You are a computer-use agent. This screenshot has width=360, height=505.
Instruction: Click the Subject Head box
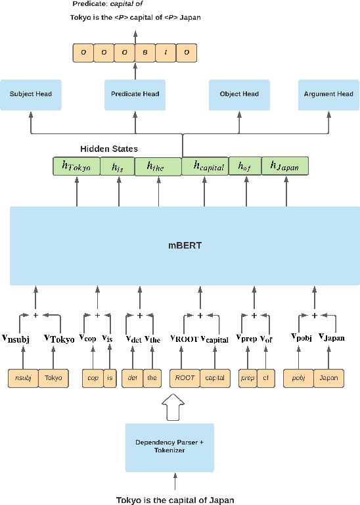pyautogui.click(x=31, y=94)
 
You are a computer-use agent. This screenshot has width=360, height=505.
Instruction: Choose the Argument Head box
pyautogui.click(x=328, y=94)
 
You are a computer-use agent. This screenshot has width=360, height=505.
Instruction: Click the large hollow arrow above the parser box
pyautogui.click(x=174, y=406)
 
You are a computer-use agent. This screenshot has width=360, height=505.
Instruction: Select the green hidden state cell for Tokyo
pyautogui.click(x=76, y=167)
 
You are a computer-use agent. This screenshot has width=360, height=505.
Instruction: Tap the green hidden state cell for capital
pyautogui.click(x=204, y=167)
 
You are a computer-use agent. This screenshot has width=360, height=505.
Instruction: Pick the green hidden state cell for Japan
pyautogui.click(x=284, y=167)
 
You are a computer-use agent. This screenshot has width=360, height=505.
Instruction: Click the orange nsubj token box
pyautogui.click(x=23, y=378)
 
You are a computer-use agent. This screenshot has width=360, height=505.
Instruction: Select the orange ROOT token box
pyautogui.click(x=184, y=378)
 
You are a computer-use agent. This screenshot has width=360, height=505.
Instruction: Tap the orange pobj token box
pyautogui.click(x=298, y=378)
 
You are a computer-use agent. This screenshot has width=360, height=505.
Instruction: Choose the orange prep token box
pyautogui.click(x=248, y=378)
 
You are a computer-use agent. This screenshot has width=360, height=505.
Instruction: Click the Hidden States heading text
pyautogui.click(x=109, y=149)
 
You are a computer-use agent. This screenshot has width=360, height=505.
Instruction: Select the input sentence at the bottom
pyautogui.click(x=175, y=499)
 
